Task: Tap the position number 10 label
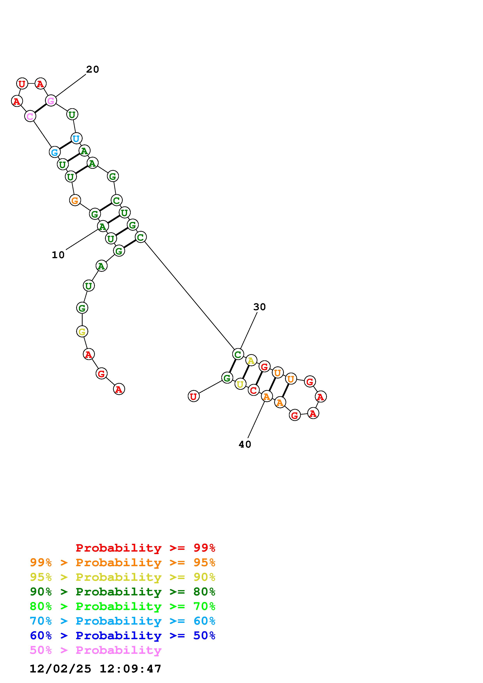[x=58, y=255]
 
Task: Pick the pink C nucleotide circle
[x=30, y=116]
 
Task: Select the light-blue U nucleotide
[x=76, y=138]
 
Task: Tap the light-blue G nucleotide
[x=55, y=152]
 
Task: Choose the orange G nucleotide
[x=75, y=200]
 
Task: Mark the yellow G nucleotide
[x=82, y=331]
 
